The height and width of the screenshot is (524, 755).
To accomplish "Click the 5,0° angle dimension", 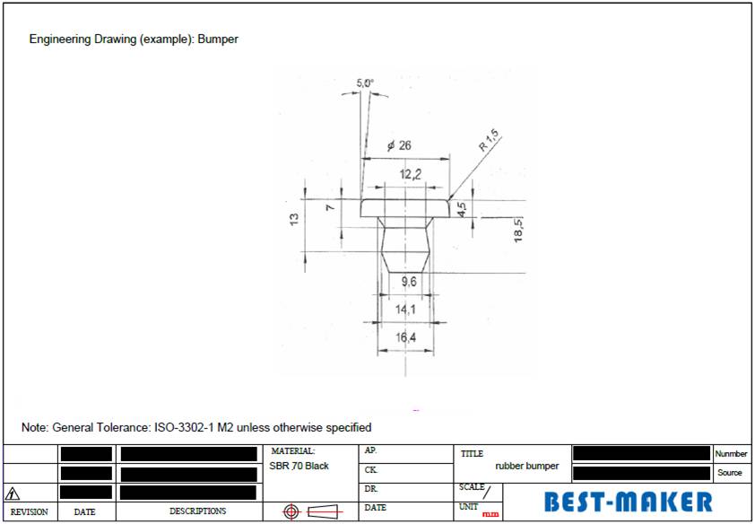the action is [365, 83].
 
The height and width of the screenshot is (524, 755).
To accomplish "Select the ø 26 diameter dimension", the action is [399, 145].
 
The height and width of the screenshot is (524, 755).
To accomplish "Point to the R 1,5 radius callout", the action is [489, 141].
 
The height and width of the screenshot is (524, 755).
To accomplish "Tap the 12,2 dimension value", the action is [411, 174].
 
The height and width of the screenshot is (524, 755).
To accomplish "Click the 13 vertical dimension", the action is [294, 219].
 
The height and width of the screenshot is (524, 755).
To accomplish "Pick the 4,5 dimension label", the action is [461, 209].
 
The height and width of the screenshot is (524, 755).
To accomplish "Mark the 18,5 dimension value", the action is [518, 230].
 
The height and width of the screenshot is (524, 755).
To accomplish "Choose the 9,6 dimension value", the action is [409, 281].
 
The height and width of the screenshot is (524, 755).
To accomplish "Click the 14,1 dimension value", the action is [405, 310].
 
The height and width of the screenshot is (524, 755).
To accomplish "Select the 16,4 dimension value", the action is [405, 337].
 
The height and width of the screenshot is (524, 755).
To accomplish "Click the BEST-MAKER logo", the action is [629, 502].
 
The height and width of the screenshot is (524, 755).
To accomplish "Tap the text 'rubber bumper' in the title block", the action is [526, 466].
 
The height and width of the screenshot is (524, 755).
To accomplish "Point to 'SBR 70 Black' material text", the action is [299, 466].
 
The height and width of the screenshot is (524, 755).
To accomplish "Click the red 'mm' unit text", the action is [490, 514].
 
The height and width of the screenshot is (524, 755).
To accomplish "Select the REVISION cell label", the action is [30, 512].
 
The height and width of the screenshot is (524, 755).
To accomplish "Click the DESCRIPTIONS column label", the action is [198, 511].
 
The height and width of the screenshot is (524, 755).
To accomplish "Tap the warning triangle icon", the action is [12, 493].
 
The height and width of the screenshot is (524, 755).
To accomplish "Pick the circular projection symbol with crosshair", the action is [291, 511].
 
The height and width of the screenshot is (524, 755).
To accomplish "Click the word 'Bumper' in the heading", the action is [218, 39].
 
